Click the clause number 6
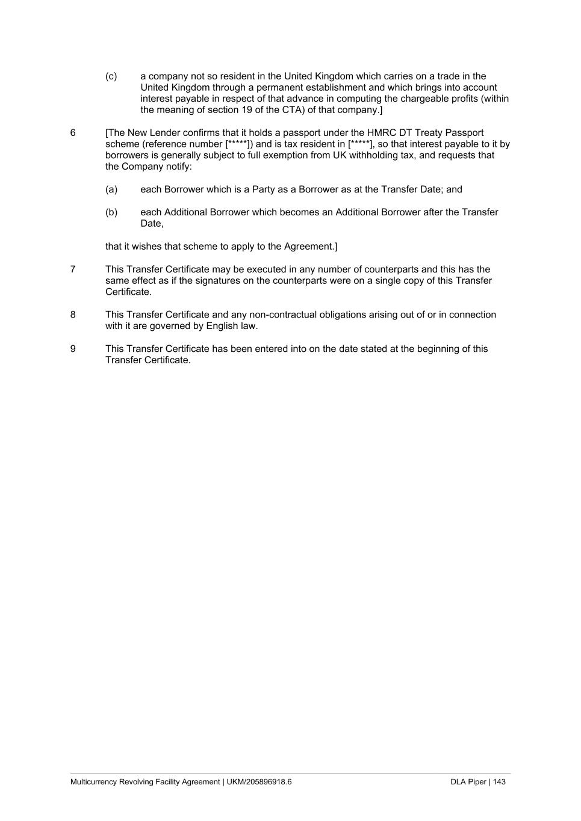(x=73, y=133)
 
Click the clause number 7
(x=73, y=269)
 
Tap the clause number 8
(x=73, y=315)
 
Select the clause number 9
(x=73, y=349)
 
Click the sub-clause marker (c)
(x=111, y=76)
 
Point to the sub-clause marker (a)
(x=111, y=189)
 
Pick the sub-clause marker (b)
(x=111, y=212)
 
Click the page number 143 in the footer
(x=499, y=782)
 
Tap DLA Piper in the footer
(x=468, y=782)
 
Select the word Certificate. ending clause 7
(x=128, y=292)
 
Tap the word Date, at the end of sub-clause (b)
(x=152, y=224)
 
